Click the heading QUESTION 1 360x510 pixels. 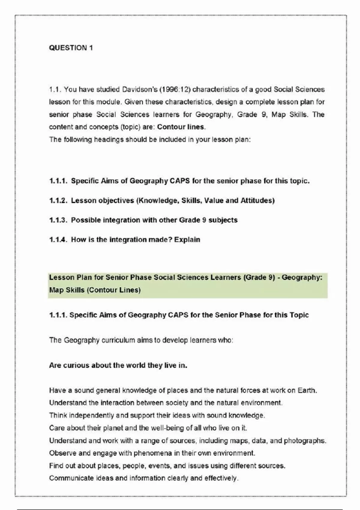(x=71, y=48)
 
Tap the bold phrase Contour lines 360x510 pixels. (x=181, y=127)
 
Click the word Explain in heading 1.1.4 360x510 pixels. (x=187, y=240)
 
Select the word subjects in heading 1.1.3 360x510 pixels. (x=223, y=220)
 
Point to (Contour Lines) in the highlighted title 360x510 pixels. (x=113, y=290)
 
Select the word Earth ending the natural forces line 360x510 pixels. (x=307, y=390)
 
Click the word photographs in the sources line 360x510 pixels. (x=305, y=441)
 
